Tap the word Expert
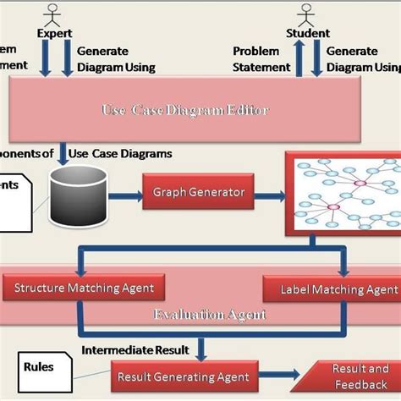point(54,33)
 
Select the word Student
point(308,33)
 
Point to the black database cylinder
point(78,196)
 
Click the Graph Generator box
point(199,192)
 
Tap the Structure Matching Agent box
point(84,288)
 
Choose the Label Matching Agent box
point(338,290)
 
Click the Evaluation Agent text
point(210,314)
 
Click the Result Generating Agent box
point(183,376)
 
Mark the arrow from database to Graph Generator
point(124,197)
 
